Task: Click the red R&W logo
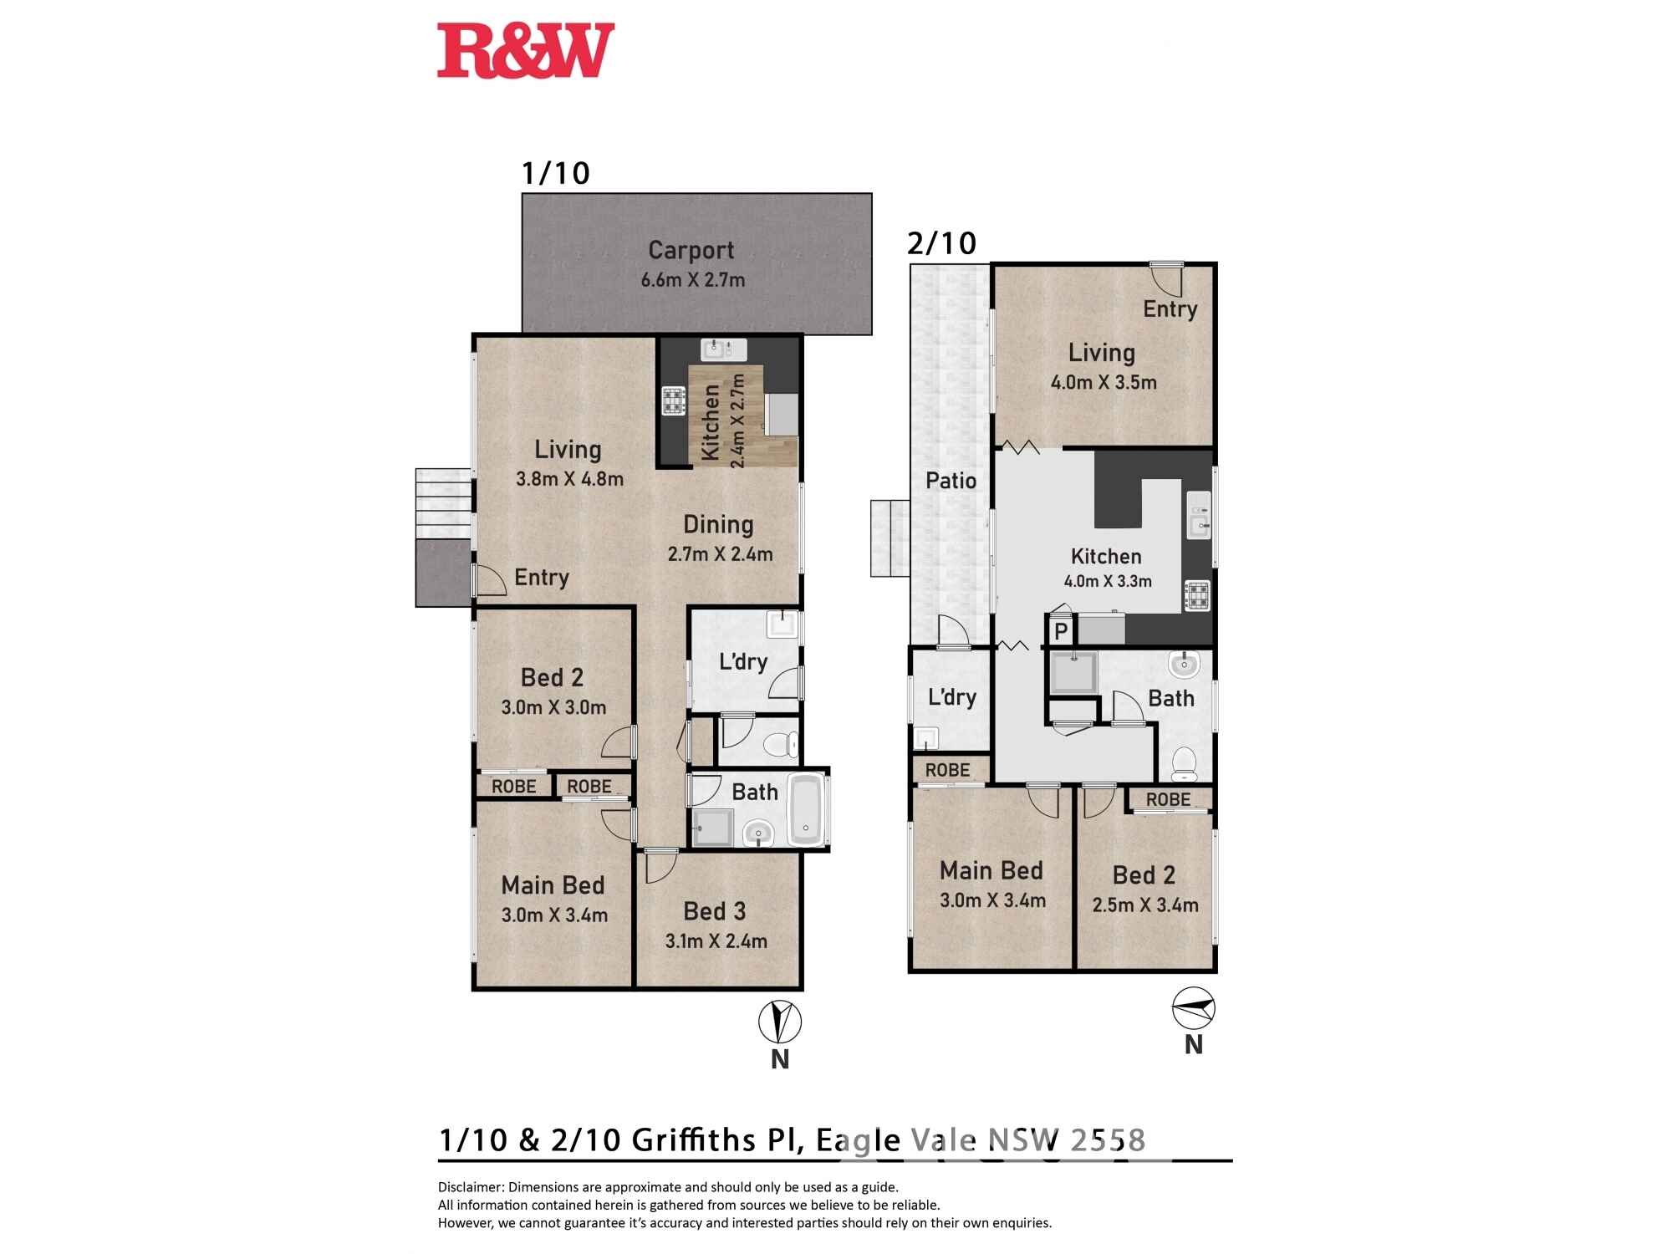[526, 51]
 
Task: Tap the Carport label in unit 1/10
[691, 250]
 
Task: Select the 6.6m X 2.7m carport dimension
[692, 280]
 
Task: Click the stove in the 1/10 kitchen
[674, 400]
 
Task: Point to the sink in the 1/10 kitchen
[724, 349]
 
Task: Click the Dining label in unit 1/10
[718, 524]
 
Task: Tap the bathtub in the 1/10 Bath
[806, 809]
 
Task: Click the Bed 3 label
[714, 911]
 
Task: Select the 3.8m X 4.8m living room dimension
[569, 479]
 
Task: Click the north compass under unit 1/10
[780, 1022]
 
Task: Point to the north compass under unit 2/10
[1193, 1009]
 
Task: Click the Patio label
[951, 481]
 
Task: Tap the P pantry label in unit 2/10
[1061, 631]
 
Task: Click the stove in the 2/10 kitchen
[1197, 596]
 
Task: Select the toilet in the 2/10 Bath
[1184, 762]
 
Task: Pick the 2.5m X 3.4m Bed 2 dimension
[1144, 905]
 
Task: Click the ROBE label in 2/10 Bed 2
[1168, 799]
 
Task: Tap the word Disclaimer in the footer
[471, 1187]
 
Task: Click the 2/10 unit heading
[941, 243]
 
